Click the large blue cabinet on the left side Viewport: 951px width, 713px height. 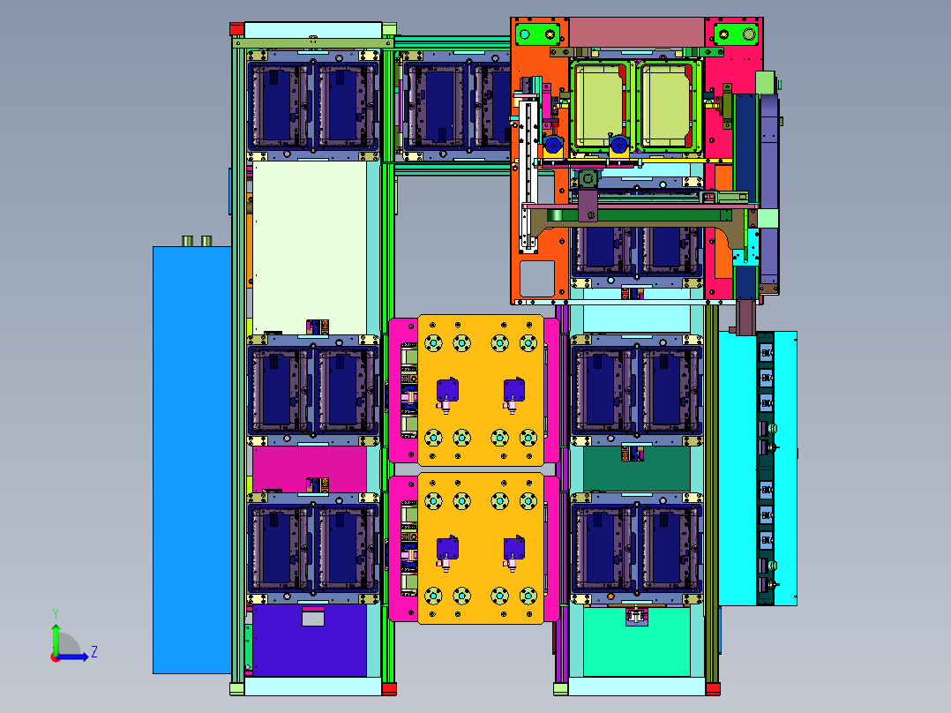coord(192,460)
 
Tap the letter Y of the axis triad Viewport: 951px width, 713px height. coord(56,613)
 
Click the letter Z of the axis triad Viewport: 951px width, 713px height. coord(94,652)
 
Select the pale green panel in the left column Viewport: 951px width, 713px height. coord(310,248)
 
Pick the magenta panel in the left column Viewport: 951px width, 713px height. coord(310,469)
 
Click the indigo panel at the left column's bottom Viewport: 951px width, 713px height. coord(310,640)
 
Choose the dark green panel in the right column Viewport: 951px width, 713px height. coord(637,469)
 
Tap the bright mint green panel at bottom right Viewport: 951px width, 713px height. coord(637,642)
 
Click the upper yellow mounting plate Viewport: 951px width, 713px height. coord(481,389)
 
